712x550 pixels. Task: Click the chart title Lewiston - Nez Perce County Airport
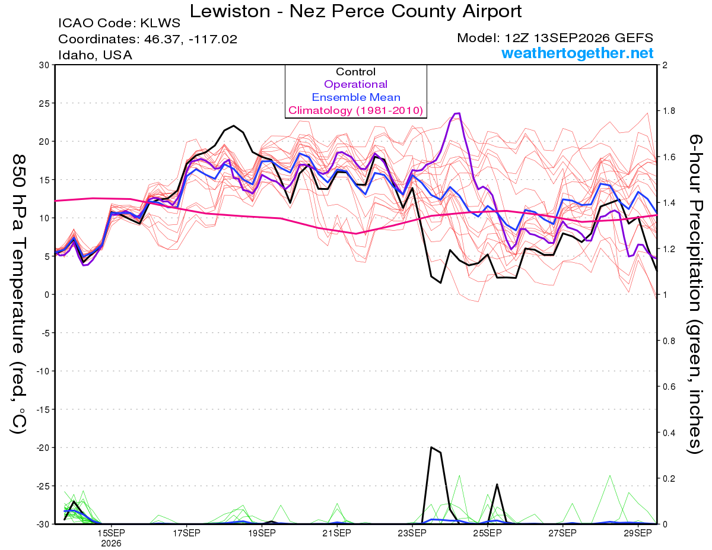tap(355, 11)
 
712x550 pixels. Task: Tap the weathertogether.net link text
tap(577, 53)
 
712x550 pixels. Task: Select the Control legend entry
tap(355, 72)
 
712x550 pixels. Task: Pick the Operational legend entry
tap(355, 84)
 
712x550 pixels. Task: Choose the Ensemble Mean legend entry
tap(356, 97)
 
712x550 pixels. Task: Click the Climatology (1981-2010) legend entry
tap(355, 110)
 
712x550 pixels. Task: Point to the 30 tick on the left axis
tap(44, 65)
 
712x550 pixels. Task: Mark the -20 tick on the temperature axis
tap(43, 448)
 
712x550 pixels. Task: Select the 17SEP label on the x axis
tap(186, 533)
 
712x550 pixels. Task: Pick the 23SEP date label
tap(412, 533)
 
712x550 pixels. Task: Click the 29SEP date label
tap(638, 533)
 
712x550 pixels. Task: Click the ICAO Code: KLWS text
tap(119, 23)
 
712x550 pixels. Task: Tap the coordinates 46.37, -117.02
tap(190, 39)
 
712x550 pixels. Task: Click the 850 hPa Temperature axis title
tap(19, 294)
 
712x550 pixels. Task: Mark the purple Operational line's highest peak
tap(459, 113)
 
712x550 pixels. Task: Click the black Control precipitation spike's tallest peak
tap(431, 447)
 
